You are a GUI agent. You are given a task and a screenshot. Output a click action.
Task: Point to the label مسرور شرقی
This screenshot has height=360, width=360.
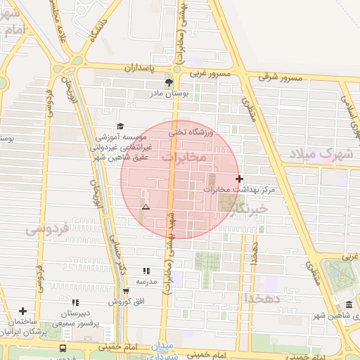click(279, 77)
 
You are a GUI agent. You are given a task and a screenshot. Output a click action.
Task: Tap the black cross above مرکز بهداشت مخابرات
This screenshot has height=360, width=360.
click(240, 179)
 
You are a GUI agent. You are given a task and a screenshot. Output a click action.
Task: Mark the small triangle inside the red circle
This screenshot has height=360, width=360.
click(146, 207)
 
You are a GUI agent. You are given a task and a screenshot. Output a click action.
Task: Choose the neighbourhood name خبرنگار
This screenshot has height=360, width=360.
click(252, 209)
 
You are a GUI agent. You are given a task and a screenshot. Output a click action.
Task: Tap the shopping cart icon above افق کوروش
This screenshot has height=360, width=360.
click(125, 291)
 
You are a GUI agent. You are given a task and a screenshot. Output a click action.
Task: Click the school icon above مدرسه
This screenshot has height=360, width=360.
click(146, 271)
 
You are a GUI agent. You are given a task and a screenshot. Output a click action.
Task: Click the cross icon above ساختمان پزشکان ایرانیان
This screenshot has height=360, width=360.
click(23, 311)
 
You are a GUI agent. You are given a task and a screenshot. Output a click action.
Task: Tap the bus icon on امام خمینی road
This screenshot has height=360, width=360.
click(63, 348)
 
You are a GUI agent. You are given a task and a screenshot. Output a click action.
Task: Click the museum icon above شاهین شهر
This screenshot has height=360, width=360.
click(349, 304)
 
